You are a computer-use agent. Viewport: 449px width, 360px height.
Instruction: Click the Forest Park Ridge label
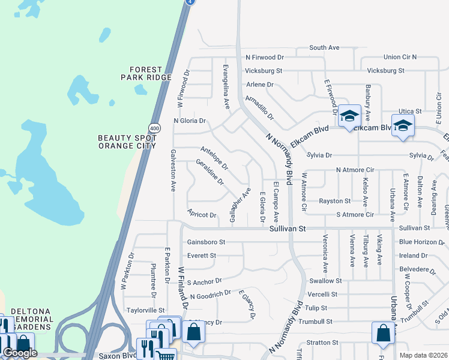point(146,73)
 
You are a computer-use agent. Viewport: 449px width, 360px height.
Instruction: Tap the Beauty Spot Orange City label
point(127,142)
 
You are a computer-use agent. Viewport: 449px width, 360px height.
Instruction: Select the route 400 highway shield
point(154,127)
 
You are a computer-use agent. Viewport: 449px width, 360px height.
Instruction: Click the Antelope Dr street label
point(214,157)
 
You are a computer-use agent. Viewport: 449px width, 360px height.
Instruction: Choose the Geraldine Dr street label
point(210,172)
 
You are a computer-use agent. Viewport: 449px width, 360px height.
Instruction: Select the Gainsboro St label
point(206,242)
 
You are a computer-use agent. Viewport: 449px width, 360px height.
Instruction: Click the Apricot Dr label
point(202,215)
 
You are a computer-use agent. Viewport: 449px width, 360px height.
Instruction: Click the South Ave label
point(324,47)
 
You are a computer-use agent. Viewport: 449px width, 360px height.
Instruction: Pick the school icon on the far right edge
point(403,126)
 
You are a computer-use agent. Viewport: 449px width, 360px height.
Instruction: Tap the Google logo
point(20,353)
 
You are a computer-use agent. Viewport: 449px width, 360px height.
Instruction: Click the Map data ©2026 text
point(423,355)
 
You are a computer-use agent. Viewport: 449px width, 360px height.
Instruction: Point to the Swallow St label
point(325,280)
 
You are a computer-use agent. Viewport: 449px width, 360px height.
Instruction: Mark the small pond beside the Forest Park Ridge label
point(140,90)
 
